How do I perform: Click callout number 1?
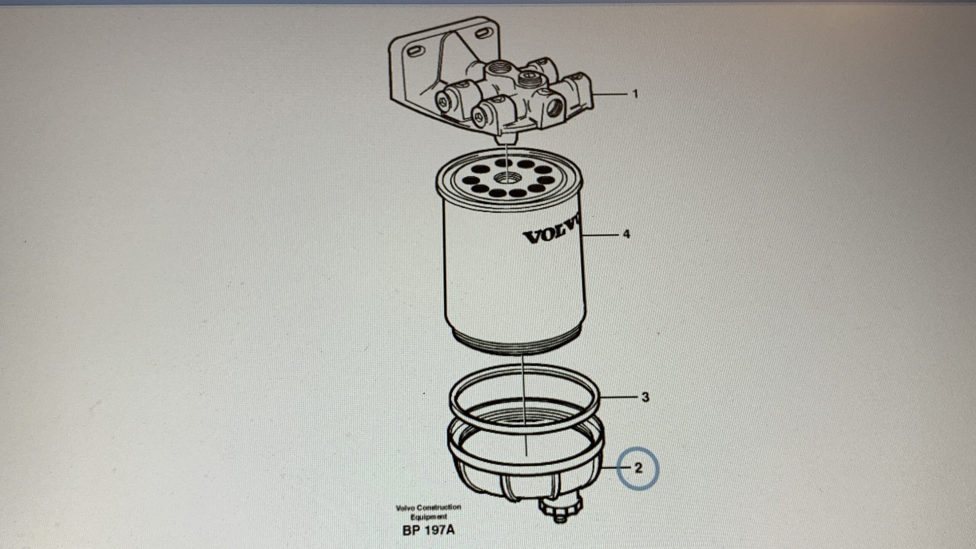635,94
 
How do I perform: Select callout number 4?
626,234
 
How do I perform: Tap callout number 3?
645,397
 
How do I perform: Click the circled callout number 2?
639,468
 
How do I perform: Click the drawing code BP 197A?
429,530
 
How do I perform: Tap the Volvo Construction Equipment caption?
429,512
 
